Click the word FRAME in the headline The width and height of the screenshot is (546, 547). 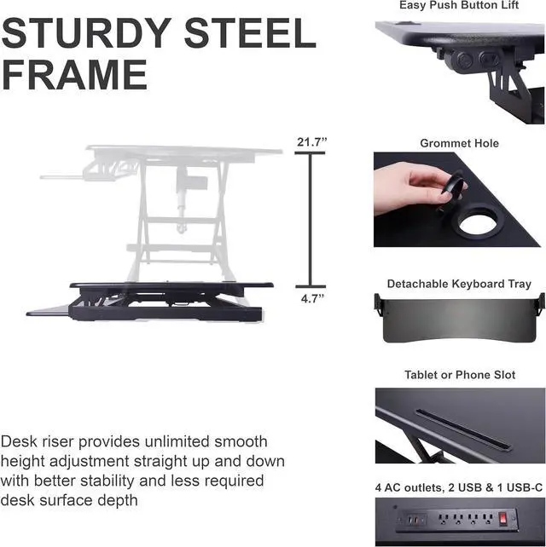[x=75, y=75]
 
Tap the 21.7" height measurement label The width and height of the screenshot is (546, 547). [x=311, y=142]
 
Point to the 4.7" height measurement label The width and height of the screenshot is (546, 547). [x=311, y=299]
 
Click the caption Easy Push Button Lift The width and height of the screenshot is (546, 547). [x=459, y=6]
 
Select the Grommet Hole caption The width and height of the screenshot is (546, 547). [x=459, y=144]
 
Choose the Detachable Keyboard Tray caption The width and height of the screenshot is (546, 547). [x=459, y=284]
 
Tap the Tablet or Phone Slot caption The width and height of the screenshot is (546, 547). [x=459, y=375]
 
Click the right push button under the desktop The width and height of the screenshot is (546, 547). [x=488, y=60]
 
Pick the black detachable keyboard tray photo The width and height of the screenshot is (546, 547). [x=459, y=319]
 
